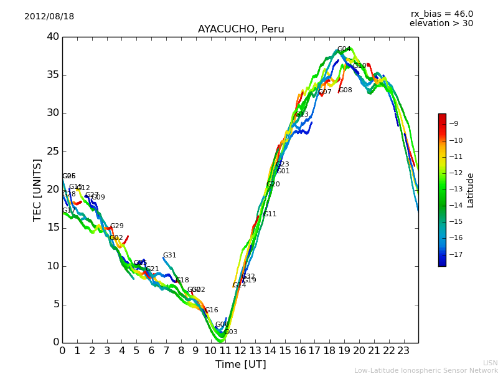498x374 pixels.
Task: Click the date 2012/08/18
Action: click(49, 17)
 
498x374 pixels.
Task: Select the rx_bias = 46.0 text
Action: click(441, 14)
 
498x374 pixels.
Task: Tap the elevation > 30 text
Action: click(441, 24)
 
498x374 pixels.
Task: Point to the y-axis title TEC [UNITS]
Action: click(37, 189)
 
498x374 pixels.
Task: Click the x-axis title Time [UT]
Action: click(240, 365)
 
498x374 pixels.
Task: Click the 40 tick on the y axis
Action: click(52, 37)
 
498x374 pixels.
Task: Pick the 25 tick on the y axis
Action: click(52, 151)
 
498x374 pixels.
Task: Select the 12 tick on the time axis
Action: click(240, 351)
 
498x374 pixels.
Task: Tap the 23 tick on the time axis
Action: click(403, 351)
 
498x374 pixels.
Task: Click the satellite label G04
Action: click(344, 49)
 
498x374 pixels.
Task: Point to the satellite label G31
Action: click(169, 256)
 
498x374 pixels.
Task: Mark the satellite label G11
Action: click(270, 214)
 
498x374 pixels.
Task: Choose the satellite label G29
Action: click(116, 226)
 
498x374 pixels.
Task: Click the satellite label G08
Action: click(345, 90)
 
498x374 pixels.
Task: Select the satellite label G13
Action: click(301, 115)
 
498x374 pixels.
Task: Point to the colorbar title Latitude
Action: click(471, 190)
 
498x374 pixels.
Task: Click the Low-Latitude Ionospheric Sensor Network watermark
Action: click(426, 370)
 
